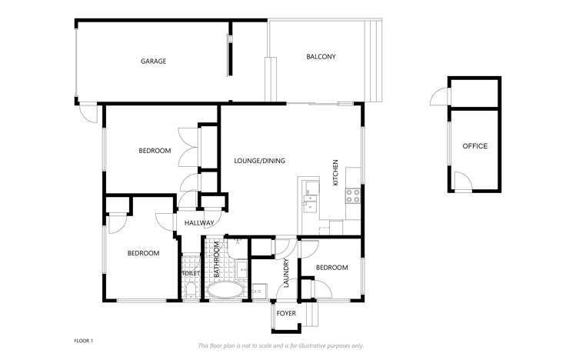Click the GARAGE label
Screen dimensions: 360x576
click(x=153, y=61)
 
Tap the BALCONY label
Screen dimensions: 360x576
click(x=321, y=57)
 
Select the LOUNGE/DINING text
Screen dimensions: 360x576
click(x=259, y=161)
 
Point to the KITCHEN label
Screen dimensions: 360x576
click(x=336, y=173)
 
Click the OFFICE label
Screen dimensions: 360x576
click(x=474, y=146)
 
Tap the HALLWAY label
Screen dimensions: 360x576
click(x=198, y=223)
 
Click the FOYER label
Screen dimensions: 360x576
click(x=286, y=314)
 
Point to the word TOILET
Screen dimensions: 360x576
click(x=190, y=273)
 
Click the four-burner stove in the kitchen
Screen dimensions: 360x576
click(x=353, y=195)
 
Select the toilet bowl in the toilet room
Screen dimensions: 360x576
click(x=190, y=291)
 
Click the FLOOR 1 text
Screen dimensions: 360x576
click(x=83, y=340)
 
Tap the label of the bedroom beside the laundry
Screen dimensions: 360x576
click(x=332, y=268)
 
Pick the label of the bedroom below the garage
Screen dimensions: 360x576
click(x=155, y=151)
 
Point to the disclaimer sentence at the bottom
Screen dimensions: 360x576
click(x=281, y=345)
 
